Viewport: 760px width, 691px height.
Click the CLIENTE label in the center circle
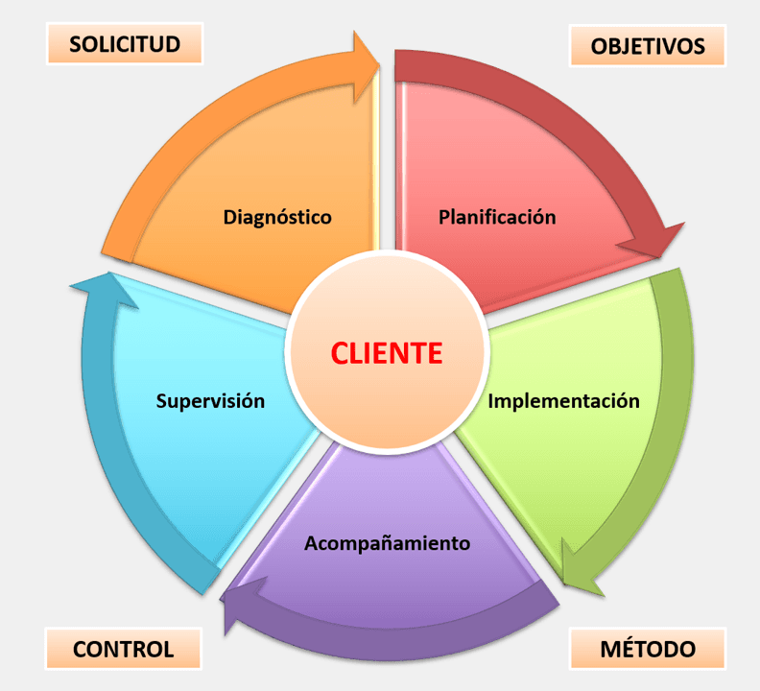click(387, 353)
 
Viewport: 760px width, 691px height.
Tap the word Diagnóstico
click(277, 217)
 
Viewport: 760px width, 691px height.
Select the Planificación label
click(497, 217)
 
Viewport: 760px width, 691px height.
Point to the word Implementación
click(563, 400)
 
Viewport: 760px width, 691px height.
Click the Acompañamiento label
click(387, 543)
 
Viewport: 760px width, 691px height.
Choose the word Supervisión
click(209, 400)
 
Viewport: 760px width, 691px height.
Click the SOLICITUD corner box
click(125, 43)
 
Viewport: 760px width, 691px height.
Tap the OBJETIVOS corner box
click(648, 45)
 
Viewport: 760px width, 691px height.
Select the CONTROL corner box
click(123, 649)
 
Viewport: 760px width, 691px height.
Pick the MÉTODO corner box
click(648, 649)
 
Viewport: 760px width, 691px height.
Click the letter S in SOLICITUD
click(75, 43)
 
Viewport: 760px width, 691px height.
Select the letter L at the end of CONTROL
click(169, 649)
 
